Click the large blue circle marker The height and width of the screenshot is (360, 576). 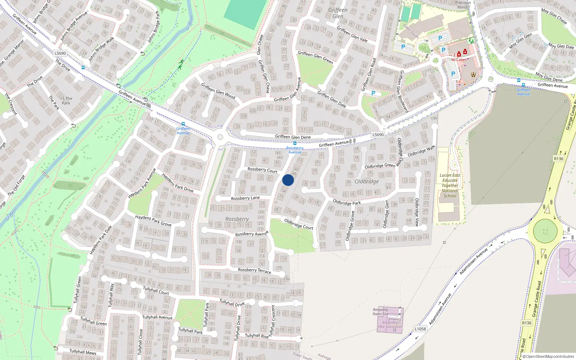288,180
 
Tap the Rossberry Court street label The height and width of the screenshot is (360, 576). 262,170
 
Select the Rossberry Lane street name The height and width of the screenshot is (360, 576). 245,198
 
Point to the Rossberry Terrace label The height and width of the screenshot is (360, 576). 255,270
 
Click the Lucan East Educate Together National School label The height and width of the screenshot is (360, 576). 450,185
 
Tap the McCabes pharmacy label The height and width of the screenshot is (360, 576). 459,60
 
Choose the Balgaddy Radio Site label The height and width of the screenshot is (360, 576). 381,312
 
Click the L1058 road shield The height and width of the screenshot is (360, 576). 420,329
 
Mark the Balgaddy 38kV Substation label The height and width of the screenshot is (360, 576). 390,324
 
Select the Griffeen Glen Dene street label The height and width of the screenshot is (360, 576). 293,137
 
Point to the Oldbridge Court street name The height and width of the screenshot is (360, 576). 299,224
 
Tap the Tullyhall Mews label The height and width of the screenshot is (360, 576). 83,352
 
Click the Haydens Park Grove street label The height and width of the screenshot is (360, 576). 153,220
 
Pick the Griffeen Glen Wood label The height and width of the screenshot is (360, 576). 218,91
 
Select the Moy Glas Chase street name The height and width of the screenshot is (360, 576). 554,16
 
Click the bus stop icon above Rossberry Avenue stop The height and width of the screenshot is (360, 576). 295,143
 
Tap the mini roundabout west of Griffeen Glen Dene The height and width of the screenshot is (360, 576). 220,137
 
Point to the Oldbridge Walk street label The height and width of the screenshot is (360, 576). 421,151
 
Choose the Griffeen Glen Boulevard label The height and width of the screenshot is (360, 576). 403,91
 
